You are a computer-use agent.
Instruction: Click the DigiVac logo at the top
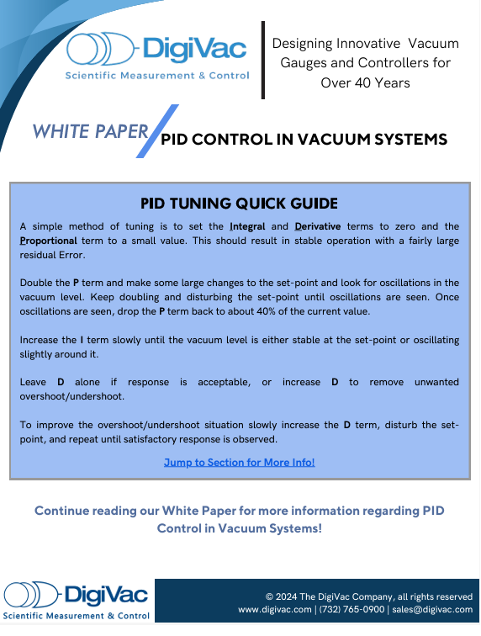(x=157, y=56)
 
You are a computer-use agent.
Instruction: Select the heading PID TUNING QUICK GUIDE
(x=240, y=203)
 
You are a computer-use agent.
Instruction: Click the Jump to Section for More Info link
(x=240, y=462)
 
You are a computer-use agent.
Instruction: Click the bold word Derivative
(x=323, y=226)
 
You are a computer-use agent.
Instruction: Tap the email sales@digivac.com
(x=431, y=609)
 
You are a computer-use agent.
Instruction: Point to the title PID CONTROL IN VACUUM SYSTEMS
(x=304, y=140)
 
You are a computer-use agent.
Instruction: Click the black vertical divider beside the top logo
(x=264, y=59)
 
